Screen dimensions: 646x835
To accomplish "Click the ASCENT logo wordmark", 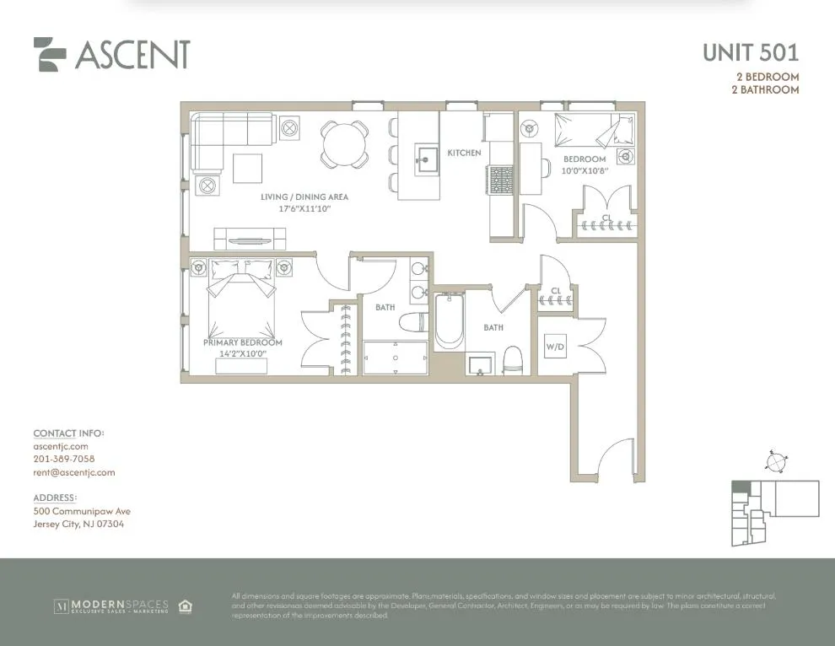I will [x=132, y=54].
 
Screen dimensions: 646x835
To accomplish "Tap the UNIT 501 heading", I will [x=751, y=53].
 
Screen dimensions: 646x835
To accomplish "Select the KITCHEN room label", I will [x=464, y=153].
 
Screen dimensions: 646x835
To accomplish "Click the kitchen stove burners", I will [x=502, y=178].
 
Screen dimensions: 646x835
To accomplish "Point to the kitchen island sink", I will [x=427, y=156].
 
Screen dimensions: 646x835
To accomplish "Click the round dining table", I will [x=344, y=143].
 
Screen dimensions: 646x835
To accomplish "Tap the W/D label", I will [x=555, y=346].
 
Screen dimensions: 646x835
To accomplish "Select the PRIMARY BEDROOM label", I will [x=242, y=343].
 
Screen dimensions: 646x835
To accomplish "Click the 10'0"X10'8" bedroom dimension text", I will [x=584, y=170].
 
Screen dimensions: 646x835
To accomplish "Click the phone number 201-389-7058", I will [x=64, y=460].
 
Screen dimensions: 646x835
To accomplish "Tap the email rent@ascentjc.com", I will [x=74, y=473].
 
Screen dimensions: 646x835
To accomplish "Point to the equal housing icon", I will [x=185, y=606].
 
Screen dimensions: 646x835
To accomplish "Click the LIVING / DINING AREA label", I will [x=304, y=197].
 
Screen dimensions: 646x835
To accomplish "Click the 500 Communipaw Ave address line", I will [x=82, y=511].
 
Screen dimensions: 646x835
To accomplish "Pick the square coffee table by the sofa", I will [x=248, y=168].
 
